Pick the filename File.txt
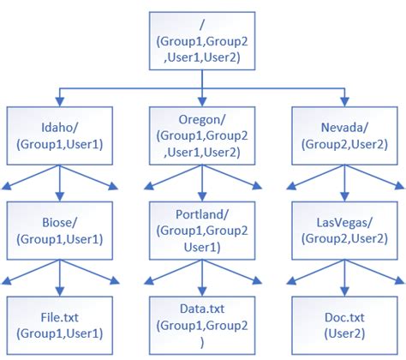pos(58,315)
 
